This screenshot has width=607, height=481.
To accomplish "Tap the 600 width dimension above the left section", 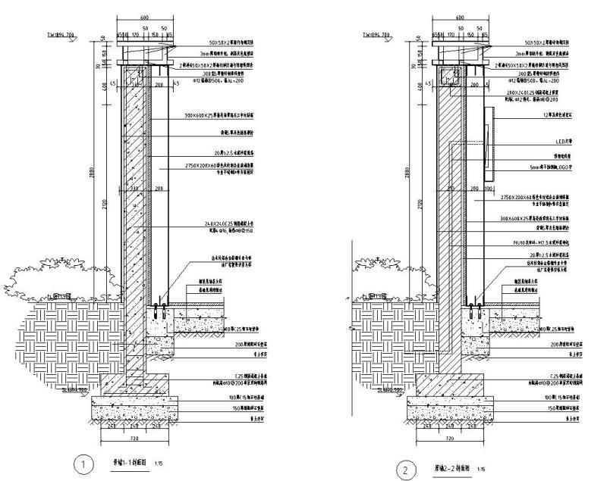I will point(143,17).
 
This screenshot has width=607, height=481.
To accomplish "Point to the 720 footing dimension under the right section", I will point(448,439).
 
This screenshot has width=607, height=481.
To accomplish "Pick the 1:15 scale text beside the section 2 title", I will point(480,470).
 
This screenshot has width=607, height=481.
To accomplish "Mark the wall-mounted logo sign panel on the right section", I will point(488,144).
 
